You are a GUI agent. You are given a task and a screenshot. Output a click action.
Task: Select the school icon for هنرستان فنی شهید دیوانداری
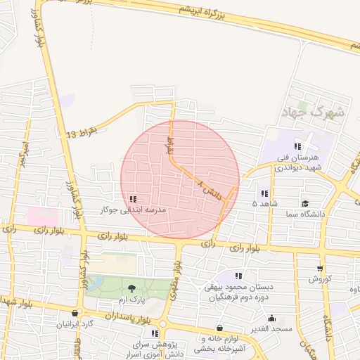(x=297, y=146)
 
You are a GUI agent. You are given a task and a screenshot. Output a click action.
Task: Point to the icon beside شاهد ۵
(x=264, y=193)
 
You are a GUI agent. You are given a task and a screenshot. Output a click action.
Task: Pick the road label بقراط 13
(x=82, y=132)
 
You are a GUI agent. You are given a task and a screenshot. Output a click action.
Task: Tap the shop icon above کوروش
(x=320, y=268)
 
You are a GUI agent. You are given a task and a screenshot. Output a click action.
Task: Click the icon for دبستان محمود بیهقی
(x=238, y=276)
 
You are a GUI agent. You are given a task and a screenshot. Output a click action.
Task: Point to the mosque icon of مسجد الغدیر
(x=271, y=318)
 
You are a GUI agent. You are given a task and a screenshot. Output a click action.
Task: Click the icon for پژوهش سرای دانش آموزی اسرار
(x=155, y=333)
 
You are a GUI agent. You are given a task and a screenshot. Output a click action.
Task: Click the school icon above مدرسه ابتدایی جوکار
(x=134, y=199)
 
